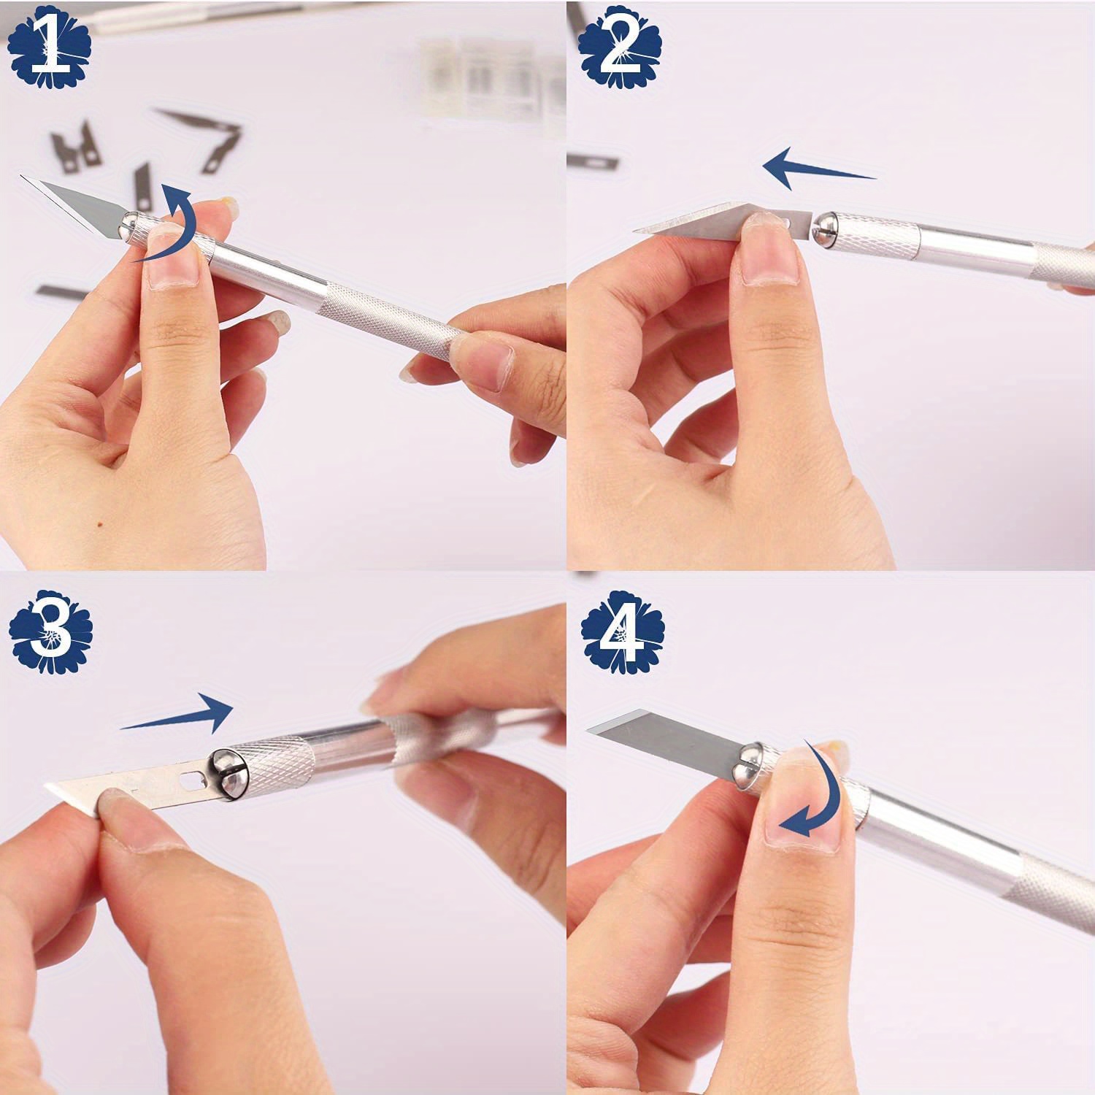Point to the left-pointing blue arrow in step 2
[x=818, y=168]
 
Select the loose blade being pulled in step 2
[x=723, y=220]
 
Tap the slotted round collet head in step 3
[x=228, y=773]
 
